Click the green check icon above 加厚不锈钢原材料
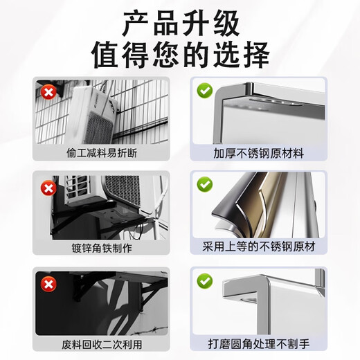pos(205,91)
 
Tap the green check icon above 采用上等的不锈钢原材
pos(205,185)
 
